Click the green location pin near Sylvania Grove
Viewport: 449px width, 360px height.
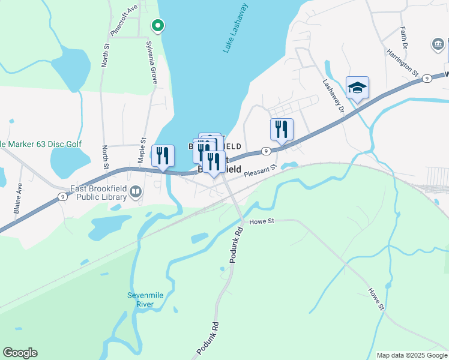click(x=157, y=26)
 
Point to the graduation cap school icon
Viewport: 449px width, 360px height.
click(x=357, y=88)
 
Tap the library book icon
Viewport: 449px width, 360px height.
click(x=136, y=192)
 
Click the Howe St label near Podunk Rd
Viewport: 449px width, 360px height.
click(x=262, y=221)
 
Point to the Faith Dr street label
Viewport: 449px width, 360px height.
click(x=404, y=38)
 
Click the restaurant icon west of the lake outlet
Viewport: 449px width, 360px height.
click(x=163, y=156)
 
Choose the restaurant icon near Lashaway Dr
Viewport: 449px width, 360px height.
click(x=281, y=129)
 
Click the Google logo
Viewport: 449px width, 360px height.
click(x=20, y=353)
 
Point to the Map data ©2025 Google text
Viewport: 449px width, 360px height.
click(x=412, y=355)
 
